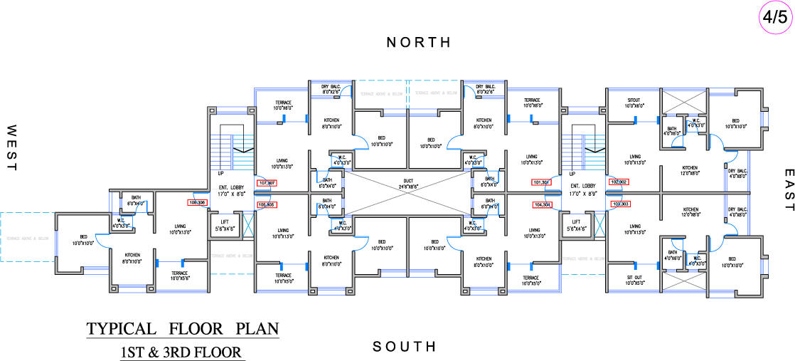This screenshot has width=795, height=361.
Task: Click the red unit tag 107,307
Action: click(267, 183)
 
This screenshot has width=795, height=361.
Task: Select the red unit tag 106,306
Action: click(197, 202)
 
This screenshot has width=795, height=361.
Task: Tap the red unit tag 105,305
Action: click(267, 204)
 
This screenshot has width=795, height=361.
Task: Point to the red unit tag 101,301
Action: click(542, 182)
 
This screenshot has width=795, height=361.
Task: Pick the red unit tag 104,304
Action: click(542, 204)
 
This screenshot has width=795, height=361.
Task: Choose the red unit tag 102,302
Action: click(619, 182)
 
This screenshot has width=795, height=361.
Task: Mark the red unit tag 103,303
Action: click(620, 204)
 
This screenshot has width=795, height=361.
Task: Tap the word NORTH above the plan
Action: click(419, 43)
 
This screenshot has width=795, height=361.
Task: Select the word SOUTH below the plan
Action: click(404, 347)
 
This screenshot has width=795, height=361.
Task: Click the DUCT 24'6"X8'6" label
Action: click(407, 184)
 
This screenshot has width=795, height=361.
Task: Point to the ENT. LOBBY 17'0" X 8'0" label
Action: click(227, 189)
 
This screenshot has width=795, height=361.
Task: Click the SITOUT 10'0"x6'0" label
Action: click(634, 103)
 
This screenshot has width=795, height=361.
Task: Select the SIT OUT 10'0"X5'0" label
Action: click(634, 281)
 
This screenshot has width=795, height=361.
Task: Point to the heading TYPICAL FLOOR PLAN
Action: click(183, 329)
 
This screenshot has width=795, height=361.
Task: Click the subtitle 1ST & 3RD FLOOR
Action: click(183, 351)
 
